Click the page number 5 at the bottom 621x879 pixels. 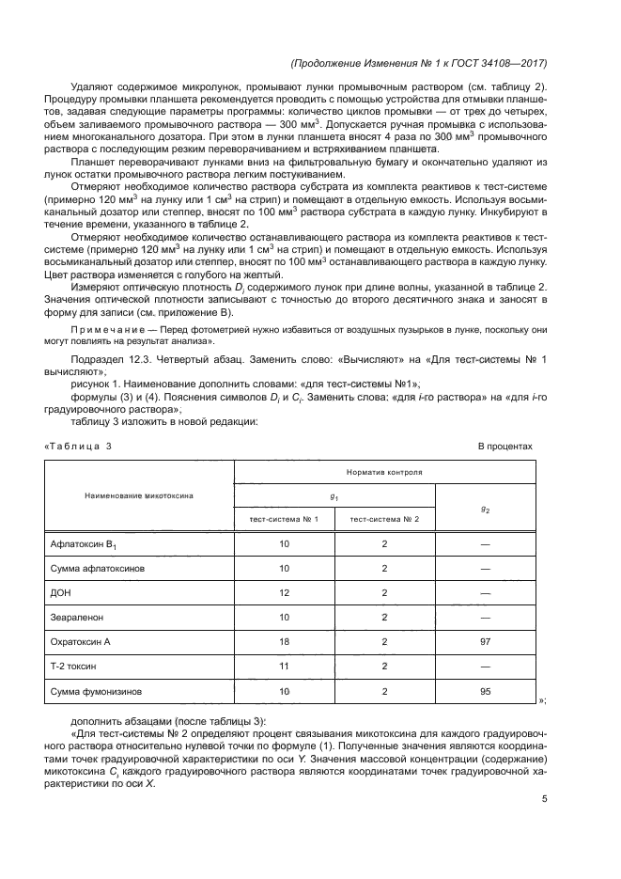pyautogui.click(x=545, y=799)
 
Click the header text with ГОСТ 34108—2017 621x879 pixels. pyautogui.click(x=420, y=64)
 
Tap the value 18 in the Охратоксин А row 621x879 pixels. pyautogui.click(x=284, y=642)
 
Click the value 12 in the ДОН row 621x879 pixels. pyautogui.click(x=284, y=593)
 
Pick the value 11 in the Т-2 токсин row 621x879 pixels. pyautogui.click(x=284, y=667)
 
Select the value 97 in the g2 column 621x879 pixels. pyautogui.click(x=485, y=642)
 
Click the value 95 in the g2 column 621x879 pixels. pyautogui.click(x=485, y=691)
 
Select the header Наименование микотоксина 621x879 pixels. pyautogui.click(x=139, y=494)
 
